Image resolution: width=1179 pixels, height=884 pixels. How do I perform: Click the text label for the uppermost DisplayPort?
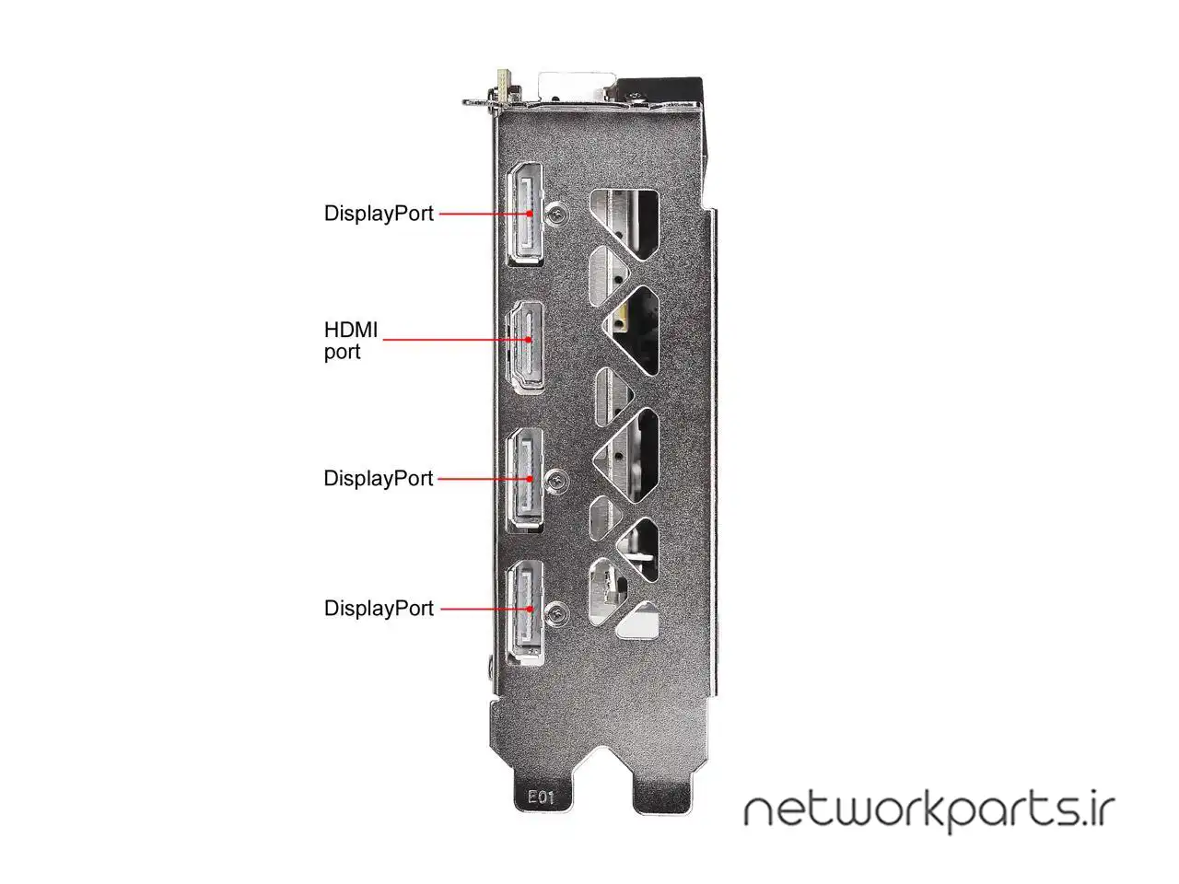[x=379, y=214]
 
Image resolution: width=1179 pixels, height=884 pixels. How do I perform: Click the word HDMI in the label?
[x=351, y=330]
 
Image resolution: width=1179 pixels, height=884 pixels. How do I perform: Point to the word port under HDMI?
[x=342, y=353]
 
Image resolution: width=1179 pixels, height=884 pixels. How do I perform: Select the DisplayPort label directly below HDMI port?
[x=379, y=479]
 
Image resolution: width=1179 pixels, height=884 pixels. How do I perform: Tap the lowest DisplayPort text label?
[x=379, y=609]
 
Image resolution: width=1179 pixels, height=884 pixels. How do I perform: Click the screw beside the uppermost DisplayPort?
[x=556, y=213]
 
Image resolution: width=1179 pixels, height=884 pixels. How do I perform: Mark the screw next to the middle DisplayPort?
[x=555, y=479]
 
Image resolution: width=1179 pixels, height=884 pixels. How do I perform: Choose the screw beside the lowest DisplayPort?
[x=555, y=609]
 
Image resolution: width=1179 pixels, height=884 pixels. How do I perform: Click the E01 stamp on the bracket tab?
[x=541, y=797]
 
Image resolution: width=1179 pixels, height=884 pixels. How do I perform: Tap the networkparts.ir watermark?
[x=928, y=810]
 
